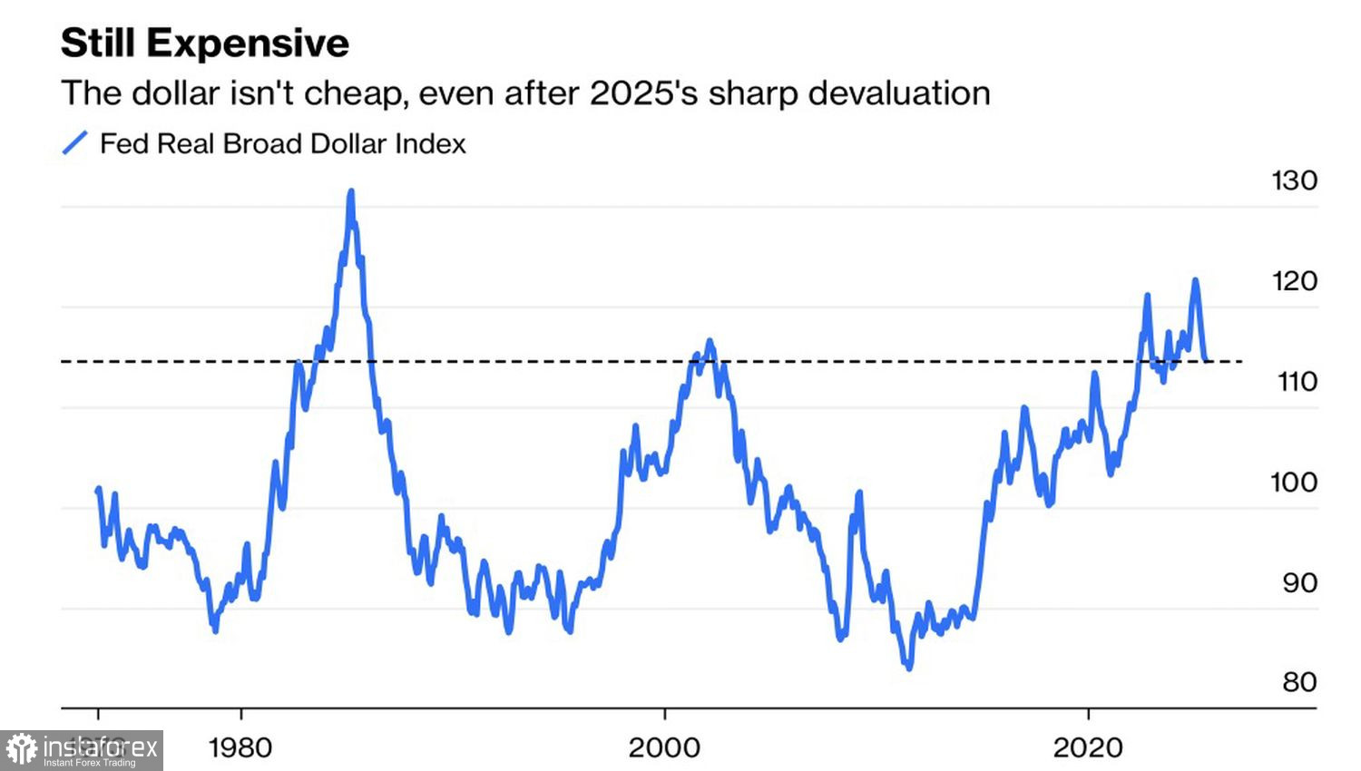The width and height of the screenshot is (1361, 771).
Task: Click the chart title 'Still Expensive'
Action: click(x=205, y=44)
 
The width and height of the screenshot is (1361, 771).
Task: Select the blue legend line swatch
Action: click(x=74, y=143)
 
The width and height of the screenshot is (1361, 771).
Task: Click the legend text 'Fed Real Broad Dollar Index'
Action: click(x=282, y=143)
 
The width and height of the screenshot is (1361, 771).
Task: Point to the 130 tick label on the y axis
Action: click(x=1294, y=181)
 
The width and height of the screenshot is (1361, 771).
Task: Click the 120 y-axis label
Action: click(x=1294, y=281)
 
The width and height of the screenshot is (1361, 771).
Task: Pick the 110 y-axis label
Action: click(x=1297, y=381)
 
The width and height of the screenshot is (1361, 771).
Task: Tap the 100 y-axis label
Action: click(x=1293, y=482)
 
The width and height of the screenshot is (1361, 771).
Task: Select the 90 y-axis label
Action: click(x=1299, y=582)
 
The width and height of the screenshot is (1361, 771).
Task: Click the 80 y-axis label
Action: click(x=1299, y=682)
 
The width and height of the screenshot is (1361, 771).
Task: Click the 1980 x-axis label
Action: click(x=240, y=747)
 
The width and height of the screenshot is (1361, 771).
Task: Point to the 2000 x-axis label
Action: click(x=664, y=747)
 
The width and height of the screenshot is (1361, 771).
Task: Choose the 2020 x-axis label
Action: click(x=1088, y=747)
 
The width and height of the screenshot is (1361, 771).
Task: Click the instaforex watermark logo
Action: click(x=82, y=750)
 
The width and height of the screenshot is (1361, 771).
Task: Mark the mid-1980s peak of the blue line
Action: click(x=351, y=191)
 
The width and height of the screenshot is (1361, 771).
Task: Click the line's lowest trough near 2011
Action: click(x=908, y=668)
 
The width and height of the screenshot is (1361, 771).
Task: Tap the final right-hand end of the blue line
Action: click(x=1207, y=360)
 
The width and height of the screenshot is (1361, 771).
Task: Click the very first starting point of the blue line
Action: click(x=98, y=491)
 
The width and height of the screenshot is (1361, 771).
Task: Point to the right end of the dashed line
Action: click(x=1240, y=362)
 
